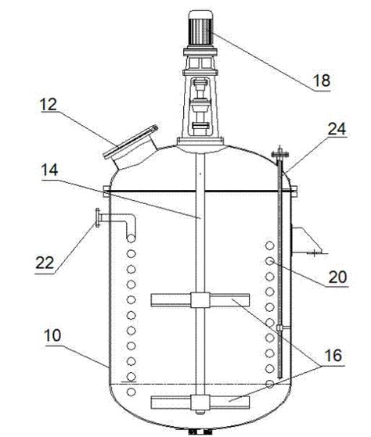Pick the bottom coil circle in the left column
coord(131,390)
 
